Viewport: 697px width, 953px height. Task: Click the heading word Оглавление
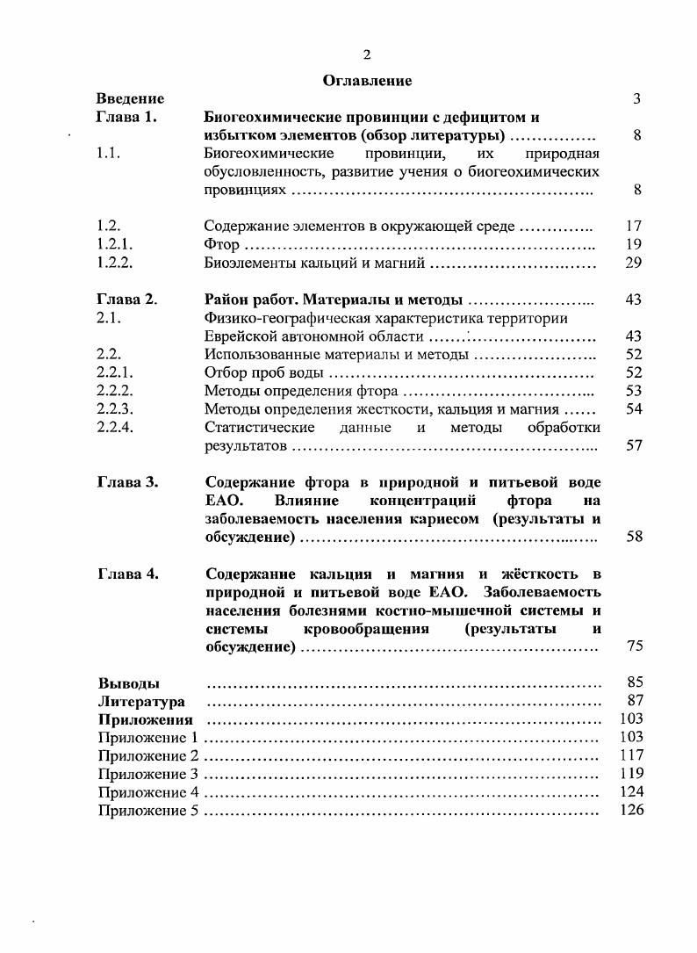(x=367, y=81)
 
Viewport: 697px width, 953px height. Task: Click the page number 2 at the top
(x=367, y=54)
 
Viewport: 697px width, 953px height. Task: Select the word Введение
(x=130, y=99)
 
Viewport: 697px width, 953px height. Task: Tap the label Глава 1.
(x=126, y=118)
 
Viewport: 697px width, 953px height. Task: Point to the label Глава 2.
(x=126, y=300)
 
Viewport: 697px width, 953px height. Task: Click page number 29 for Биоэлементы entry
(x=634, y=263)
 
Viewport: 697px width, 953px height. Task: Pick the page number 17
(x=634, y=226)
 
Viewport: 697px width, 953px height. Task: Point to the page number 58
(x=634, y=537)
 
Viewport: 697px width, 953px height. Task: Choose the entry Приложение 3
(x=148, y=774)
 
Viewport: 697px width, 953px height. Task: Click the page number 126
(x=631, y=810)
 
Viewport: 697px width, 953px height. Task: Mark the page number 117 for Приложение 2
(x=631, y=755)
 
